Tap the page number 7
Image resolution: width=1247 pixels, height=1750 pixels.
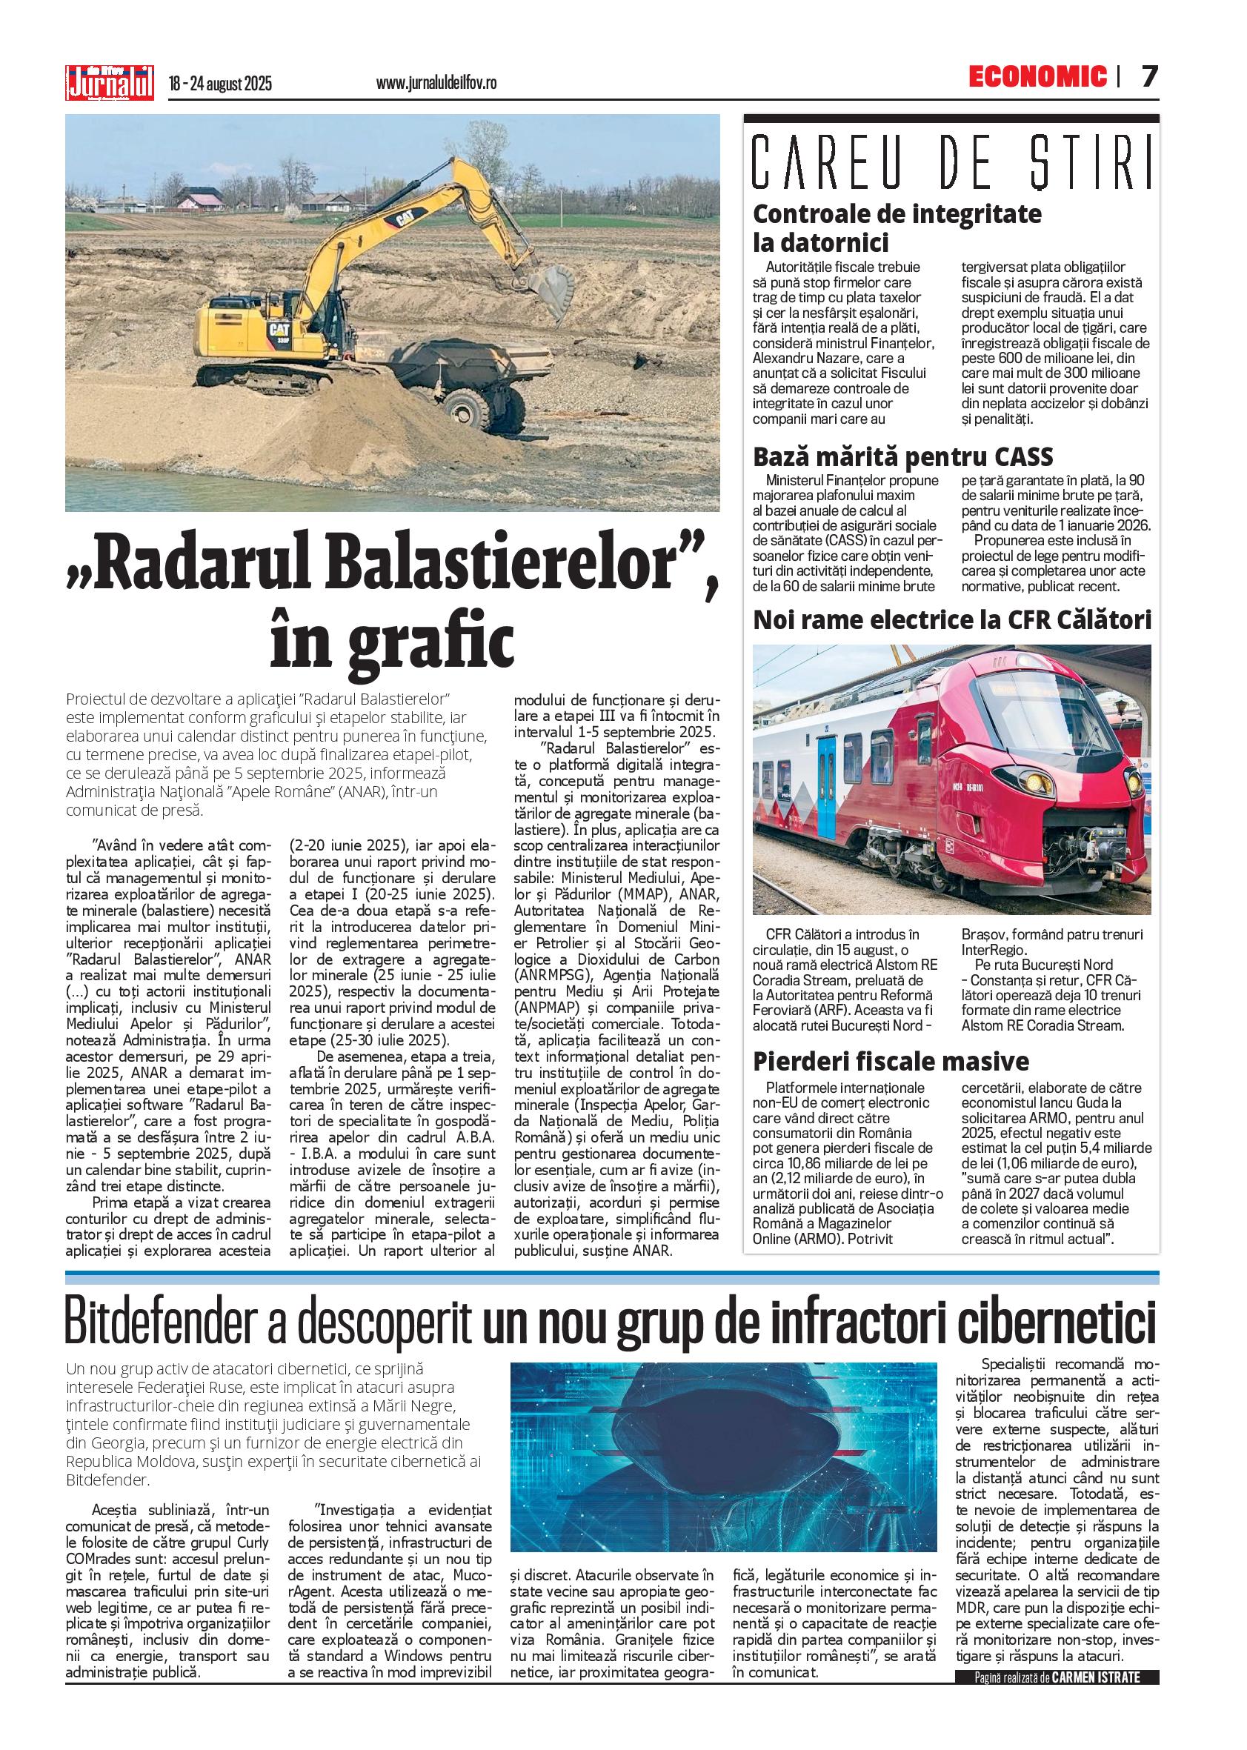click(1148, 76)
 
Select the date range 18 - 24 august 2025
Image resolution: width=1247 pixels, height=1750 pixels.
click(221, 83)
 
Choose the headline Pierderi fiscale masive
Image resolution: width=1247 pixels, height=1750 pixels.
click(891, 1062)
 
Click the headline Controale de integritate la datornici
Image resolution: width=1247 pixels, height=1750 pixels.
click(897, 227)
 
